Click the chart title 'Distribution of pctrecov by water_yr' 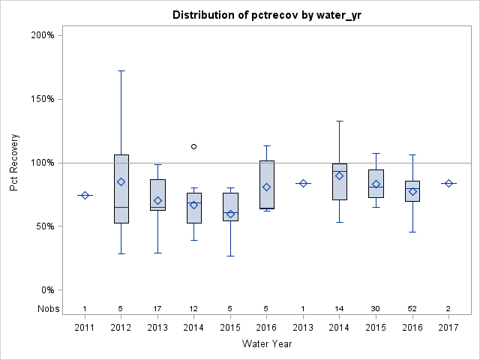coord(266,15)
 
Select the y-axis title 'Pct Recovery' coord(15,162)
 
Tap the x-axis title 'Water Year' coord(266,343)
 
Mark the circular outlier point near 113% coord(193,146)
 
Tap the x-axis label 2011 coord(85,327)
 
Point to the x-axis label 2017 coord(448,327)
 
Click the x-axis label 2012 coord(121,327)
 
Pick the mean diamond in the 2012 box coord(121,181)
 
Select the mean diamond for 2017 coord(448,183)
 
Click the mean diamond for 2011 coord(85,195)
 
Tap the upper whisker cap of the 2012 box coord(121,70)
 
